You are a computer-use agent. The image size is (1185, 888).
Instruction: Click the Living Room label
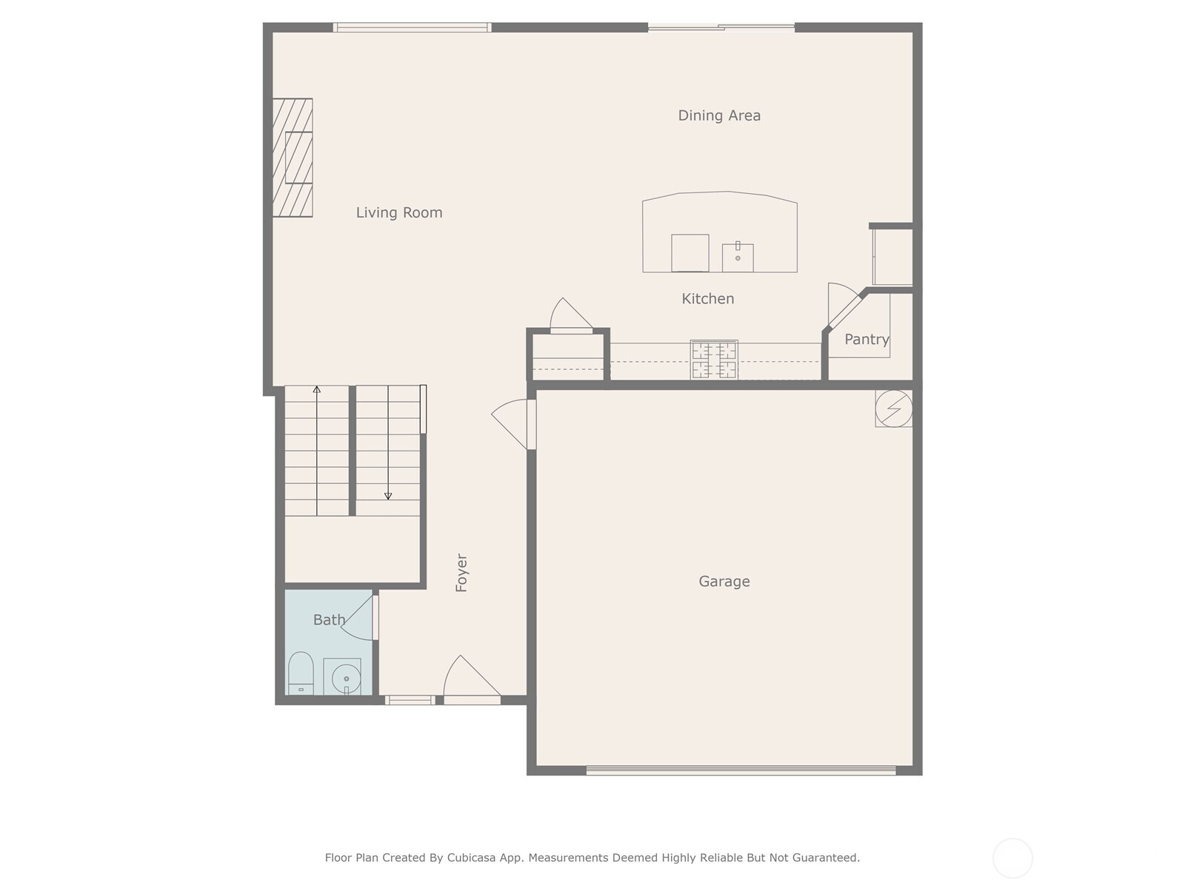(399, 213)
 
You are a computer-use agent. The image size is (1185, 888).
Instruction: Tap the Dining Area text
(719, 115)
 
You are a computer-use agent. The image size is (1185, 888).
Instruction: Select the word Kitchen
(708, 299)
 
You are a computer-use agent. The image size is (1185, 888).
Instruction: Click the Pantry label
(867, 340)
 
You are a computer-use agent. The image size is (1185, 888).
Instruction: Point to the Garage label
(724, 582)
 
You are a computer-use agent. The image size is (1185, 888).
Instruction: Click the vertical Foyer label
(461, 573)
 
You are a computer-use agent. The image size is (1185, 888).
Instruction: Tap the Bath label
(329, 620)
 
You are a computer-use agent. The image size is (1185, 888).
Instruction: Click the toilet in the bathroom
(301, 672)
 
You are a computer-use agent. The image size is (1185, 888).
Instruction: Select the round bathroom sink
(345, 678)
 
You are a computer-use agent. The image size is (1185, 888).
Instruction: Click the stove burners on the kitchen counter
(714, 360)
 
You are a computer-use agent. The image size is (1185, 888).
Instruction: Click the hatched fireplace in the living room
(293, 158)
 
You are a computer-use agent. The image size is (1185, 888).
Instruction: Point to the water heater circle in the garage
(893, 408)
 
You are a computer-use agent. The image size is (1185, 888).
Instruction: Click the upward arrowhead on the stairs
(317, 388)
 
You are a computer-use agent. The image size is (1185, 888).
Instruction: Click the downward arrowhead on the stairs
(388, 497)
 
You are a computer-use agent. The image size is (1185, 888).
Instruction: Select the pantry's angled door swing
(842, 303)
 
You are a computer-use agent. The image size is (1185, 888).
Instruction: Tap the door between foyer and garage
(513, 423)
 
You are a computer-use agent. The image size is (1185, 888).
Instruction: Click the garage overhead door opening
(741, 770)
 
